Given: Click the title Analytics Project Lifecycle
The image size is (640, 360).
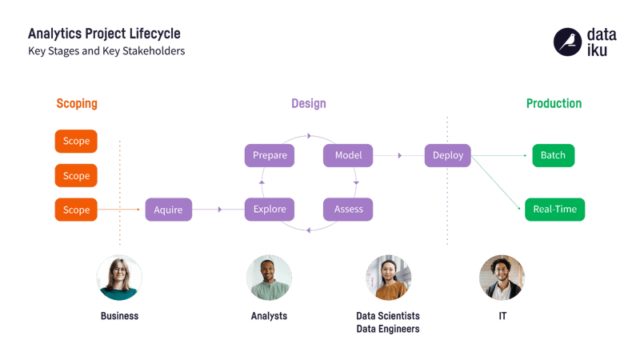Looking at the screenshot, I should click(x=104, y=34).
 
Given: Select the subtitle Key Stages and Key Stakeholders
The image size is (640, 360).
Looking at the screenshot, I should click(x=106, y=51).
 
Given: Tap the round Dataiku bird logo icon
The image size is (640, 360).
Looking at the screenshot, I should click(x=566, y=42).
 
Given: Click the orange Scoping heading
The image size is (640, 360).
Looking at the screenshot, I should click(x=77, y=104).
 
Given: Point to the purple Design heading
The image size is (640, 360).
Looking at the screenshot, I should click(x=308, y=104).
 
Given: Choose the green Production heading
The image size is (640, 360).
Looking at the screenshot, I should click(x=554, y=104).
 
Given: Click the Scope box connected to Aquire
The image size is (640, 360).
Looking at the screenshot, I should click(x=76, y=210).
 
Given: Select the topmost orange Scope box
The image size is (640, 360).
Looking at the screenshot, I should click(x=76, y=142).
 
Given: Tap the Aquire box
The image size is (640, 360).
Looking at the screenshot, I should click(x=168, y=210).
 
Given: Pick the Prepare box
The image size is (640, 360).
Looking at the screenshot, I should click(x=270, y=155).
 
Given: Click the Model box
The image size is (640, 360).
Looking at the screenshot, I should click(x=348, y=155).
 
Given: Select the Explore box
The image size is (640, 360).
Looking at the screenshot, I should click(x=270, y=210).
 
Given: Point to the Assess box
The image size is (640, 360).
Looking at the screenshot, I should click(x=348, y=210).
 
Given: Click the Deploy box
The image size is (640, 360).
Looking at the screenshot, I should click(x=448, y=155).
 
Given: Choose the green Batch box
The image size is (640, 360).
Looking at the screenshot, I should click(x=553, y=155).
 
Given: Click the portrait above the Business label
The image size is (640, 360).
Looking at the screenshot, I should click(x=119, y=278).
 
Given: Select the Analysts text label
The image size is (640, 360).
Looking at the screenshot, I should click(x=269, y=316).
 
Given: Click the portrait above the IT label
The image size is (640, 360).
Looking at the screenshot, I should click(x=502, y=278).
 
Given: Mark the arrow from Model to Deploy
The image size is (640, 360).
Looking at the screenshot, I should click(x=399, y=155).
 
